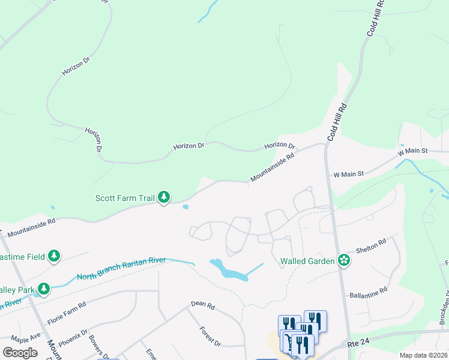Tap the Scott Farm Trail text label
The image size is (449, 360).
(x=125, y=197)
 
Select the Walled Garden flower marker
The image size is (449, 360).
(x=344, y=260)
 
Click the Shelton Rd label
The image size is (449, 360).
(x=370, y=245)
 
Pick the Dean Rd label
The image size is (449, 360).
(x=203, y=305)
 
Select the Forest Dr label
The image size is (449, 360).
(x=211, y=336)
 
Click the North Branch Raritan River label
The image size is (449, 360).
(x=121, y=268)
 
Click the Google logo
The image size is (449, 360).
(x=20, y=353)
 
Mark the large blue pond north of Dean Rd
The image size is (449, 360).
(x=228, y=269)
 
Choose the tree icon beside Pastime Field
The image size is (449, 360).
(x=55, y=257)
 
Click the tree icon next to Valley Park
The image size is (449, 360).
(x=43, y=289)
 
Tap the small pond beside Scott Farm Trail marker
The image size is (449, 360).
(x=185, y=208)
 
